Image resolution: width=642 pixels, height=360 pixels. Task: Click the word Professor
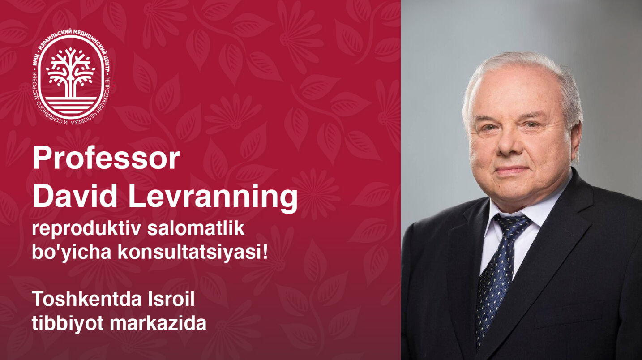[x=107, y=158]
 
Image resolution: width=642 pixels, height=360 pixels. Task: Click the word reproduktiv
[x=86, y=230]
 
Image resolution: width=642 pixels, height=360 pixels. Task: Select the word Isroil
[x=171, y=299]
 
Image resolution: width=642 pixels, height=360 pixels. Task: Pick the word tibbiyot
[x=68, y=324]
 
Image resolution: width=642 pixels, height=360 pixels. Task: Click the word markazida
[x=158, y=323]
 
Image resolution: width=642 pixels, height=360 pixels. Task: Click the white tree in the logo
[x=71, y=72]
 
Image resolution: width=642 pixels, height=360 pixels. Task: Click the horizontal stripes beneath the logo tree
[x=71, y=105]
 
